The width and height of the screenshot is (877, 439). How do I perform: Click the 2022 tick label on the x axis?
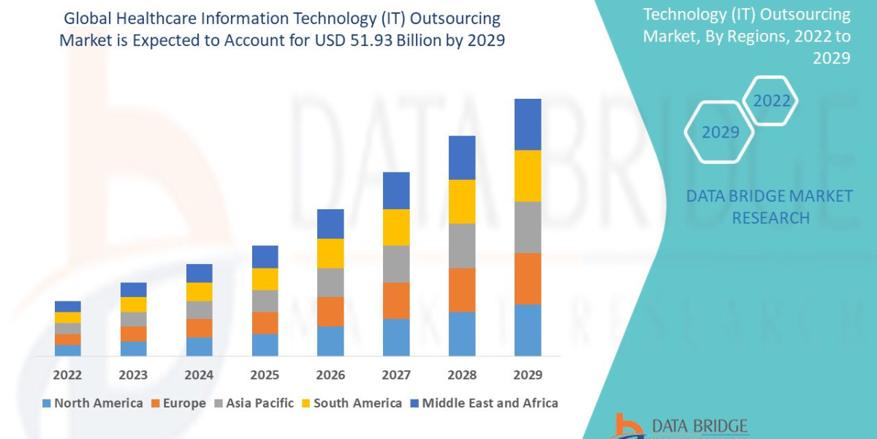click(67, 375)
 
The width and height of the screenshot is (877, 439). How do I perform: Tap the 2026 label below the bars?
click(330, 375)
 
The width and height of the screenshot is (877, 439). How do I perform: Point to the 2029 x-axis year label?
click(528, 375)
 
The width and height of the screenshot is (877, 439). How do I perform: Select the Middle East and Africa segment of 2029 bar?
click(528, 124)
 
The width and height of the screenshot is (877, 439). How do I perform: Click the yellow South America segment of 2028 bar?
click(462, 201)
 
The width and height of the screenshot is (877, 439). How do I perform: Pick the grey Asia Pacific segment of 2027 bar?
click(396, 263)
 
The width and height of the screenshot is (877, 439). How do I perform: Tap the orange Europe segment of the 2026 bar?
click(330, 311)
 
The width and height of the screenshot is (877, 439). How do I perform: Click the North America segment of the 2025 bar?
click(265, 345)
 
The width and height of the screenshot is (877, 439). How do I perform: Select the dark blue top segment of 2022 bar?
click(67, 306)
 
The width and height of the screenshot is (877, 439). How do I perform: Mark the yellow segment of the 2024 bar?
click(199, 291)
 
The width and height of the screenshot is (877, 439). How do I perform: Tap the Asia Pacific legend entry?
click(253, 403)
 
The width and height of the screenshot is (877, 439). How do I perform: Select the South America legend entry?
click(351, 403)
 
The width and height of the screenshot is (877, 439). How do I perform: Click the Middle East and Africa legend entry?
click(482, 403)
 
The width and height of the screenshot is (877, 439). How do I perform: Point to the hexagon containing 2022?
click(772, 101)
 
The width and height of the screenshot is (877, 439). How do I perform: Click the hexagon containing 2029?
click(720, 132)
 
